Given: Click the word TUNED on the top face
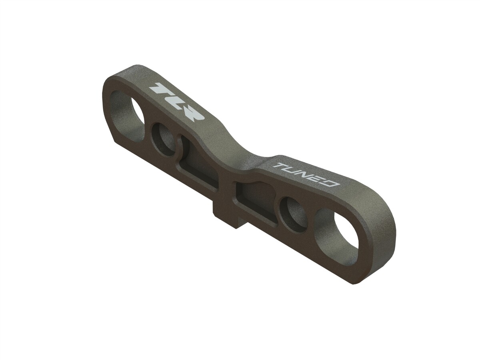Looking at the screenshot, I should [x=306, y=174].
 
